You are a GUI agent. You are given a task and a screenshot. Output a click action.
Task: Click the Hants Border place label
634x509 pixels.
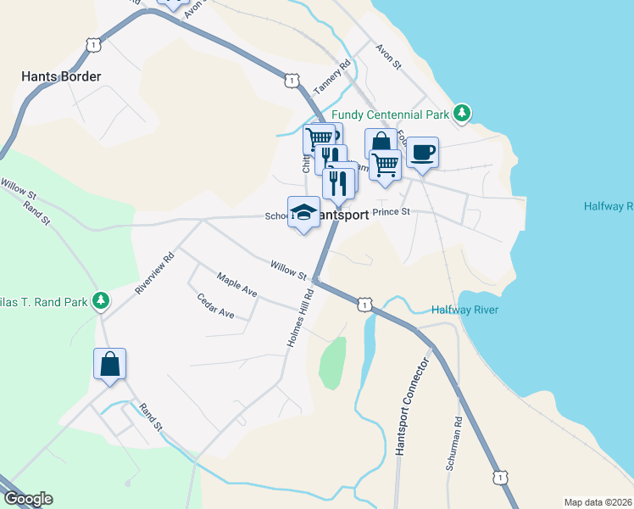pyautogui.click(x=61, y=76)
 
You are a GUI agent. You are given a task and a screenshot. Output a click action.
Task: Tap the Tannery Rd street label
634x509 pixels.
pyautogui.click(x=331, y=77)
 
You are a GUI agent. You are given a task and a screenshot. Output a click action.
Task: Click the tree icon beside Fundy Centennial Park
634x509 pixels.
pyautogui.click(x=461, y=113)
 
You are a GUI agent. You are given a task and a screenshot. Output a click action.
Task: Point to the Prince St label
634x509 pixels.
pyautogui.click(x=392, y=211)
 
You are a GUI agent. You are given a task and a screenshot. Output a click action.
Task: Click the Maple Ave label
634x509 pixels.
pyautogui.click(x=236, y=284)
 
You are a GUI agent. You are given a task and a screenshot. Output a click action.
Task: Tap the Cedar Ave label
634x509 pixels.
pyautogui.click(x=215, y=305)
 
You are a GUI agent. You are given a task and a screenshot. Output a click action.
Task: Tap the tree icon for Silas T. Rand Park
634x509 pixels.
pyautogui.click(x=101, y=299)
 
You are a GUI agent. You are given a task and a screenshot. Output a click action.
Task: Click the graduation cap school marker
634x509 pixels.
pyautogui.click(x=303, y=213)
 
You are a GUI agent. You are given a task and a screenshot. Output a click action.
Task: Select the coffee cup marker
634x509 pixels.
pyautogui.click(x=422, y=153)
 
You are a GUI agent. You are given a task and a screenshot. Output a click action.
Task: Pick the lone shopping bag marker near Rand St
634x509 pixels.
pyautogui.click(x=110, y=364)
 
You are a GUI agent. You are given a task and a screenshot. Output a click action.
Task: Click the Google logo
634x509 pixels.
pyautogui.click(x=28, y=499)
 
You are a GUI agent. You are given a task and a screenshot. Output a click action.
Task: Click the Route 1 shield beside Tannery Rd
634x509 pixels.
pyautogui.click(x=292, y=81)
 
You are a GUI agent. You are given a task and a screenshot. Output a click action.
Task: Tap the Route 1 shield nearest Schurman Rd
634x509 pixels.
pyautogui.click(x=502, y=478)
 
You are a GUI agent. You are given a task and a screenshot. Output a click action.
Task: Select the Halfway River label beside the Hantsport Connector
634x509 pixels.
pyautogui.click(x=464, y=310)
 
